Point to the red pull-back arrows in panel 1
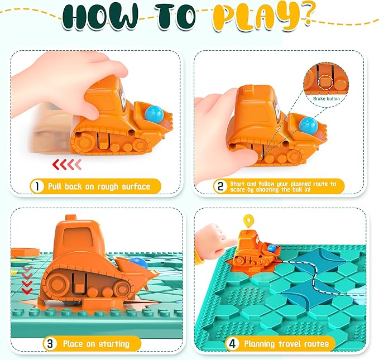pos(66,164)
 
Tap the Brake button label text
pos(326,98)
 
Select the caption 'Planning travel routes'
pos(282,344)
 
